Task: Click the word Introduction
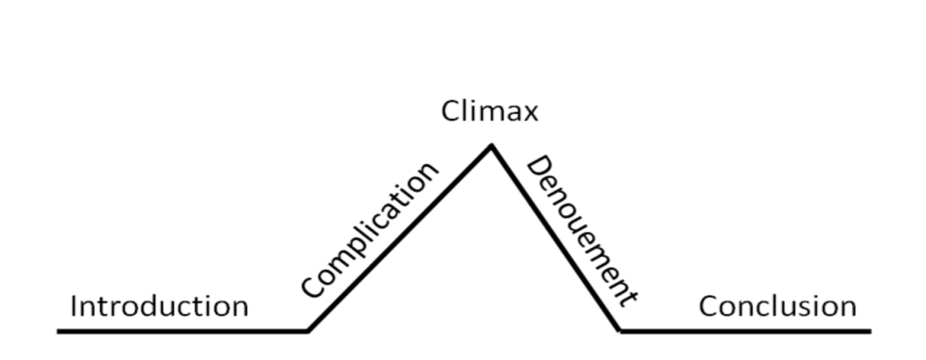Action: [x=159, y=306]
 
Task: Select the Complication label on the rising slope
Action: [x=370, y=229]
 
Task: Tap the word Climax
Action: [x=490, y=111]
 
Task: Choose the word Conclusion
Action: [x=777, y=306]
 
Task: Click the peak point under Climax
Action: [x=491, y=146]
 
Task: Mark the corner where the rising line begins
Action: [x=308, y=330]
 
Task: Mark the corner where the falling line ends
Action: [x=619, y=330]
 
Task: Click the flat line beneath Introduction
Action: [x=180, y=330]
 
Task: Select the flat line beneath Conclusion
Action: [x=746, y=330]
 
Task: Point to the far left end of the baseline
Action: [x=59, y=330]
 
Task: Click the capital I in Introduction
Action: [x=75, y=306]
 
